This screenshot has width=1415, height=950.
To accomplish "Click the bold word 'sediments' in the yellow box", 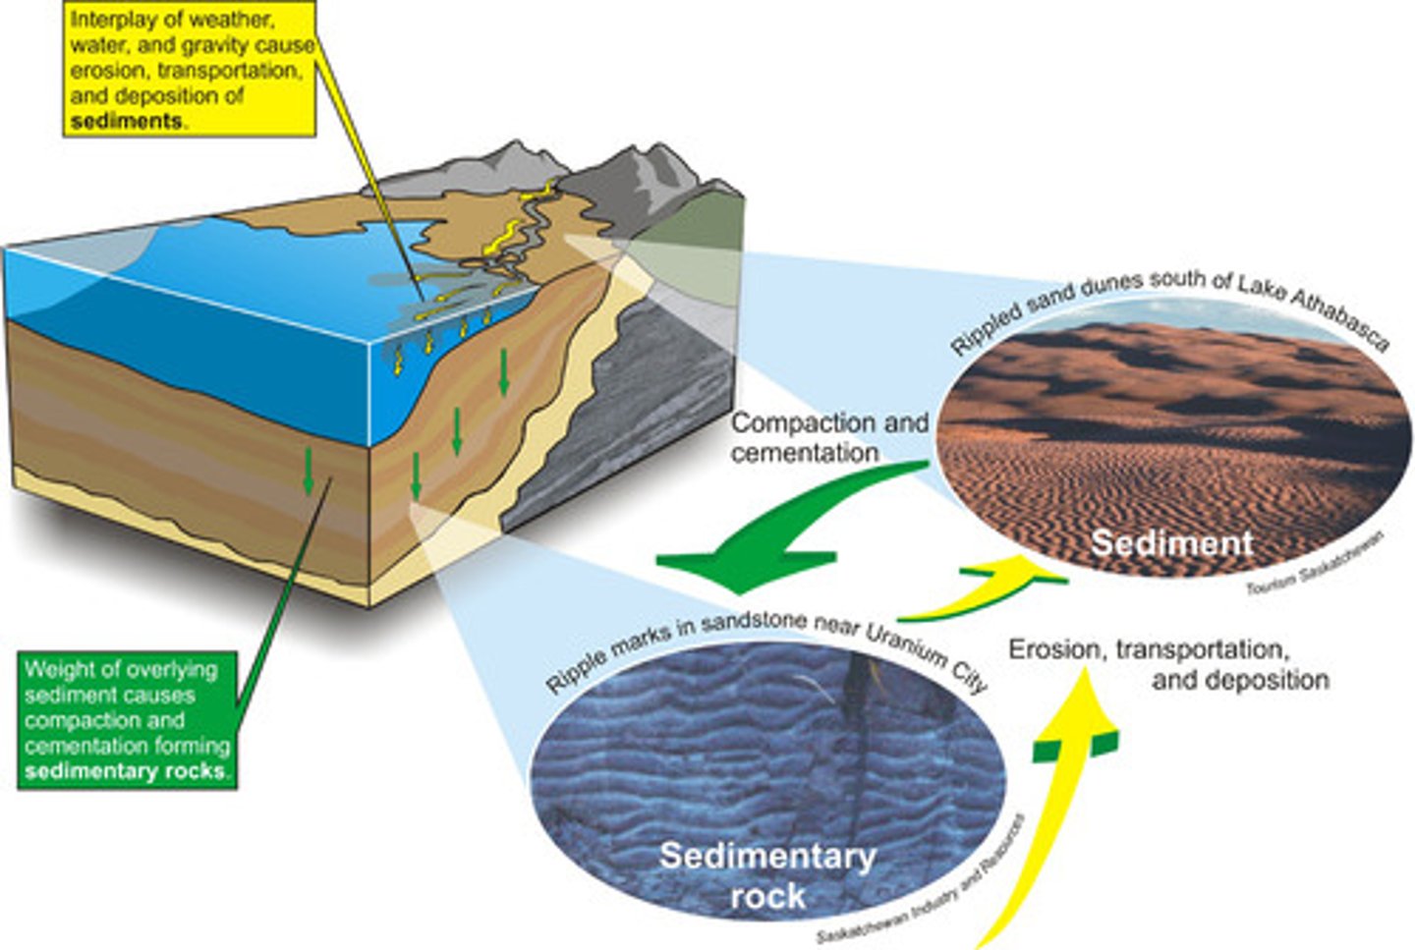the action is pyautogui.click(x=127, y=122).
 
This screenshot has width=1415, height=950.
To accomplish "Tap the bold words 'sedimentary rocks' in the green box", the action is pyautogui.click(x=125, y=771).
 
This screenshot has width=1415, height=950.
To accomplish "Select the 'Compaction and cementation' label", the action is pyautogui.click(x=828, y=437).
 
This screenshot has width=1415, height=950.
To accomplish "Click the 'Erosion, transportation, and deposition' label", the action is pyautogui.click(x=1169, y=664).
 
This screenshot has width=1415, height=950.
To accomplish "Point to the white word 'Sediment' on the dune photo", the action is pyautogui.click(x=1171, y=542).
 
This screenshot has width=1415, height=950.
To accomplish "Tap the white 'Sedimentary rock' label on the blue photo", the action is pyautogui.click(x=767, y=874).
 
